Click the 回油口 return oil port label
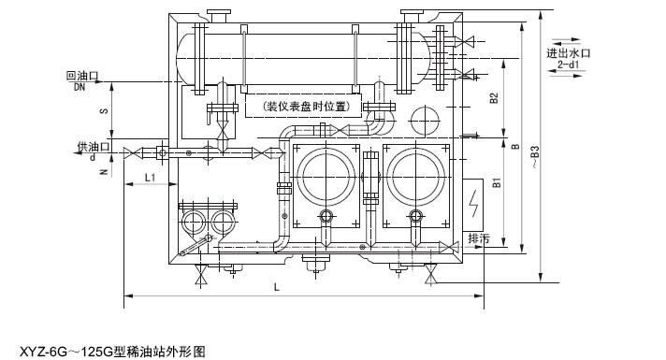pos(83,76)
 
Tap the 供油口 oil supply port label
pos(94,147)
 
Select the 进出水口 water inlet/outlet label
pos(569,53)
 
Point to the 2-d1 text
pos(569,65)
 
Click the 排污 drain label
pos(479,238)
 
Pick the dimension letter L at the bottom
pos(277,287)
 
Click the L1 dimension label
pos(150,178)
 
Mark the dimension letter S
pos(103,111)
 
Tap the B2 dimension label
pos(493,98)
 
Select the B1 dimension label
pos(497,182)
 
